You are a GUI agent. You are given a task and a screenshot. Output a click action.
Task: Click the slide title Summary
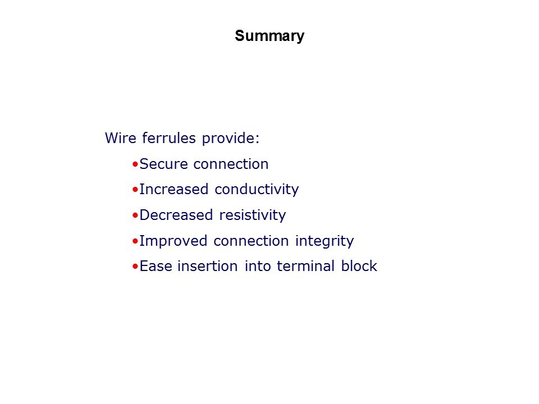point(269,36)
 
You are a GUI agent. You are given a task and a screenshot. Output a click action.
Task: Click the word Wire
point(120,138)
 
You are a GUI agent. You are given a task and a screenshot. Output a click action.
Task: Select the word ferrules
point(169,138)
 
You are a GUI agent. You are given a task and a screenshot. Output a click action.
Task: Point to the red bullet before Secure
point(135,164)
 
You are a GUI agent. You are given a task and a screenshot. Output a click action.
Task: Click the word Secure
point(163,164)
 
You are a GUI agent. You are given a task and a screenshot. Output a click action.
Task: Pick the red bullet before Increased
point(135,190)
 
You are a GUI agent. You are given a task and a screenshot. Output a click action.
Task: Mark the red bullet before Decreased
point(135,215)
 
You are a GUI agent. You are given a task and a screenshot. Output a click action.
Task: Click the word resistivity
point(252,215)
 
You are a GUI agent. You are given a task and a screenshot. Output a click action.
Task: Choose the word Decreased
point(176,215)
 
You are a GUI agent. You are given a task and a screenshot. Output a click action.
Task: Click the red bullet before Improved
point(135,241)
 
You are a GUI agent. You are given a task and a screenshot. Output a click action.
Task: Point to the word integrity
point(324,241)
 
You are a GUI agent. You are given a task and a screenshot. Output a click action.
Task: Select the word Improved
point(173,241)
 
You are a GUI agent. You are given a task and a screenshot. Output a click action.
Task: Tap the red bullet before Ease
point(135,266)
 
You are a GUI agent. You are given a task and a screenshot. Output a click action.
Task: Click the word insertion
point(208,266)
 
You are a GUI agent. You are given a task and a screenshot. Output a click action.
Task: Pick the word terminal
point(305,266)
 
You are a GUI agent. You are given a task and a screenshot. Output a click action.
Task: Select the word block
point(359,266)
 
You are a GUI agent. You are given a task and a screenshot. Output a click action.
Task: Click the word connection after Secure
point(231,164)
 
